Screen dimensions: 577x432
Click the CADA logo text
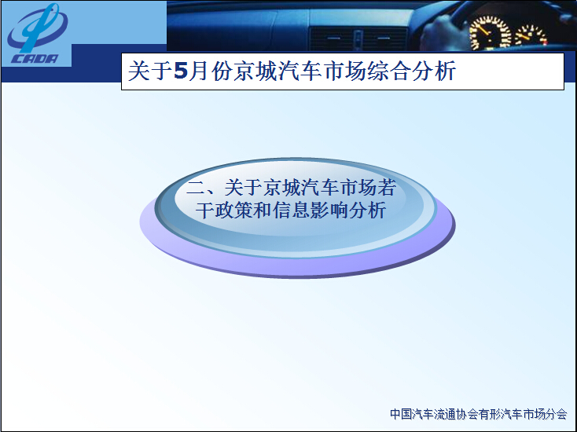(35, 59)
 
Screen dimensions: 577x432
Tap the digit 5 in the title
(181, 71)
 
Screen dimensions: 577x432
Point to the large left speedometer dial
(490, 32)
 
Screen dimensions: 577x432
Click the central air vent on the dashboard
(358, 38)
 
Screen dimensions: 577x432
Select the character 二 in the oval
(196, 188)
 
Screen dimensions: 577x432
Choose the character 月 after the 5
(199, 71)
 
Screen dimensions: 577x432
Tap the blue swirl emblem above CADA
(37, 27)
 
